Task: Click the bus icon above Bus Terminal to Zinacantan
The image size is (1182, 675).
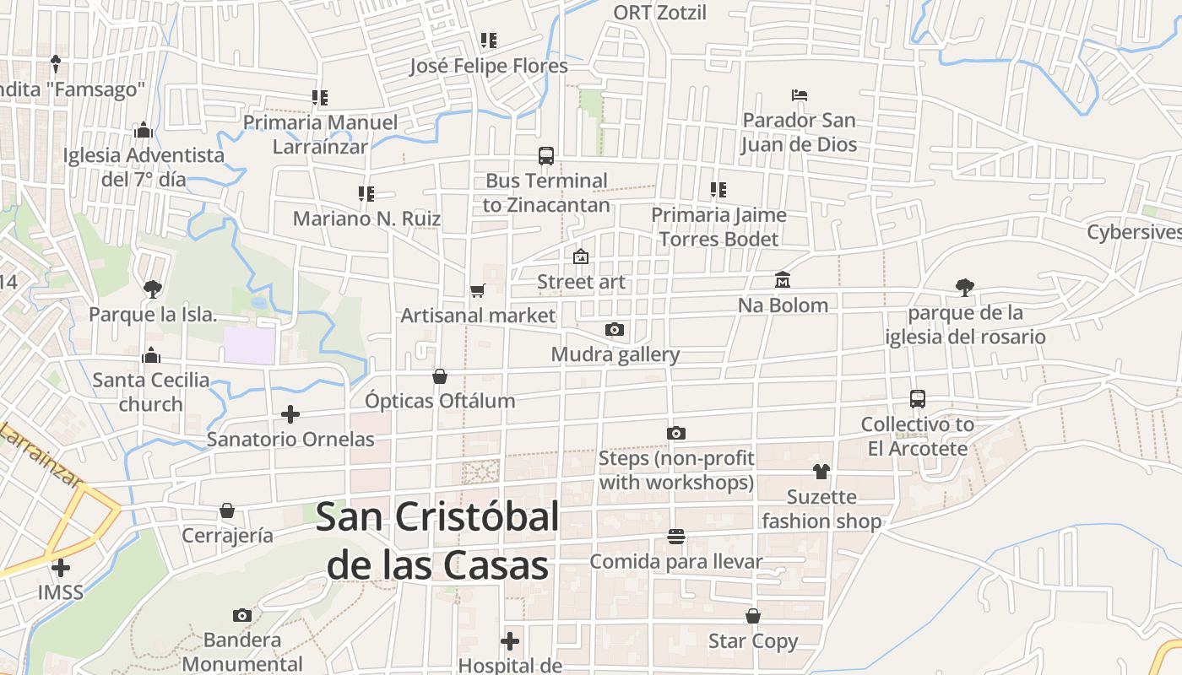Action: [546, 156]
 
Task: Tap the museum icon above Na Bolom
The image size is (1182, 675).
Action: [783, 280]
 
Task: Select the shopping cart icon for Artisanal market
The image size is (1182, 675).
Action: [478, 291]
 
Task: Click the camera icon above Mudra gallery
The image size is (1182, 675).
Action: [615, 330]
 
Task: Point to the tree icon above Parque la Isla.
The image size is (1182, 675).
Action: [153, 289]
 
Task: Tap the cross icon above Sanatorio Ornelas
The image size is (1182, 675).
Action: [290, 414]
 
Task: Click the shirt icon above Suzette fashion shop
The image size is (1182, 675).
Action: [821, 472]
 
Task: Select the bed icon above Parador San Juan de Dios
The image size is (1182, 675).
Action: [799, 95]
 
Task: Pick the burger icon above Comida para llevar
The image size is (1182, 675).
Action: [675, 537]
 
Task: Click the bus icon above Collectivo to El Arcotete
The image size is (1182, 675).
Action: [918, 399]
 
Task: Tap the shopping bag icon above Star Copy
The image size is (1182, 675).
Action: [753, 617]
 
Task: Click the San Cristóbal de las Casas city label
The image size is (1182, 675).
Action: [437, 541]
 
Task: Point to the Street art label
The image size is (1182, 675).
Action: [582, 282]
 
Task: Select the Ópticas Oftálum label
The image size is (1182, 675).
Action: [440, 401]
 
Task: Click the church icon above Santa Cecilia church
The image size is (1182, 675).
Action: [151, 355]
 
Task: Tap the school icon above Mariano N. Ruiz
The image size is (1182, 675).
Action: [366, 194]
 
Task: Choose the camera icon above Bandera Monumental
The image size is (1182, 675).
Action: [242, 616]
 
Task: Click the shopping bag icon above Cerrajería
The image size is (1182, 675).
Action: [227, 510]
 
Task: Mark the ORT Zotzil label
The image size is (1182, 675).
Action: [659, 13]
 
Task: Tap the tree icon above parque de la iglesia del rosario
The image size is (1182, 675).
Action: [965, 288]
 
